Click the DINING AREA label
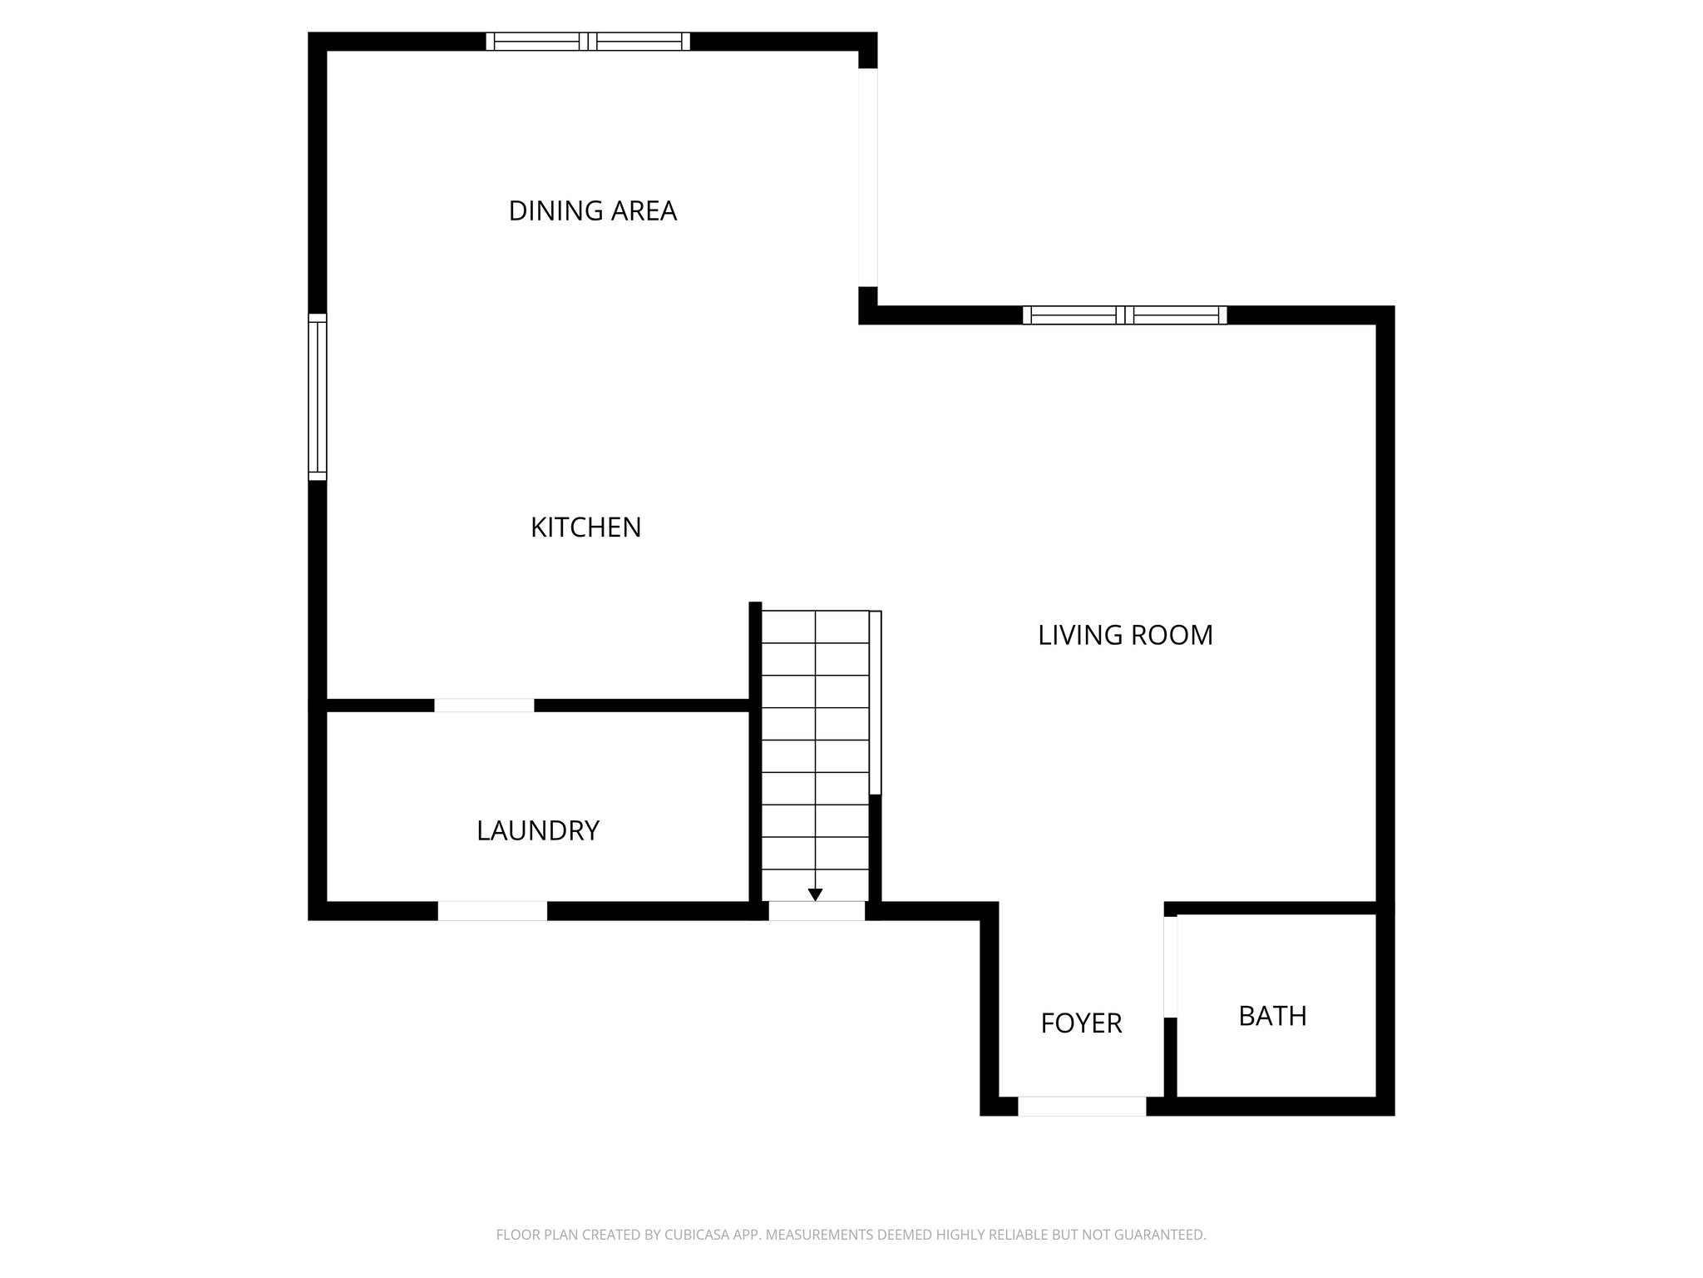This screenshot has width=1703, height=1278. [x=592, y=211]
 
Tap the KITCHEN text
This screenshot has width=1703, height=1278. [x=585, y=528]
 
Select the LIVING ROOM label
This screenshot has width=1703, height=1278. [x=1124, y=636]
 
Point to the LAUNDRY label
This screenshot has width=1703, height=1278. [x=537, y=830]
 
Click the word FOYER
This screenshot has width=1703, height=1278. [x=1081, y=1023]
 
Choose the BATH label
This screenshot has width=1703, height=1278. [x=1272, y=1016]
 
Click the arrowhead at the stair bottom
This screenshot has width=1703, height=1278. [x=815, y=894]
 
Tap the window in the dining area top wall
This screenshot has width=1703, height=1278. [x=588, y=42]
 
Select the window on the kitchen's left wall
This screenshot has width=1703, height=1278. [x=318, y=397]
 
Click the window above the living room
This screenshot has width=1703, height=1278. [x=1124, y=315]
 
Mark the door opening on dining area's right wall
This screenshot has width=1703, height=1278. [x=867, y=177]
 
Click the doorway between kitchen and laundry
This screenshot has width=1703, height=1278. [x=484, y=706]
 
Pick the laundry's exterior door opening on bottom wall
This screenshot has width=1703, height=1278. [x=492, y=911]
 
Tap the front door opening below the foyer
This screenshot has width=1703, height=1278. [x=1081, y=1107]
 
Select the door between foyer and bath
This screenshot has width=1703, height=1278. [x=1170, y=966]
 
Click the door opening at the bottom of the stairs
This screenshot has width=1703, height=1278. [x=816, y=912]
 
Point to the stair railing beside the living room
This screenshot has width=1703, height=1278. [x=875, y=702]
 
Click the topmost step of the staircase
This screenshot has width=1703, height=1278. [x=815, y=627]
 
